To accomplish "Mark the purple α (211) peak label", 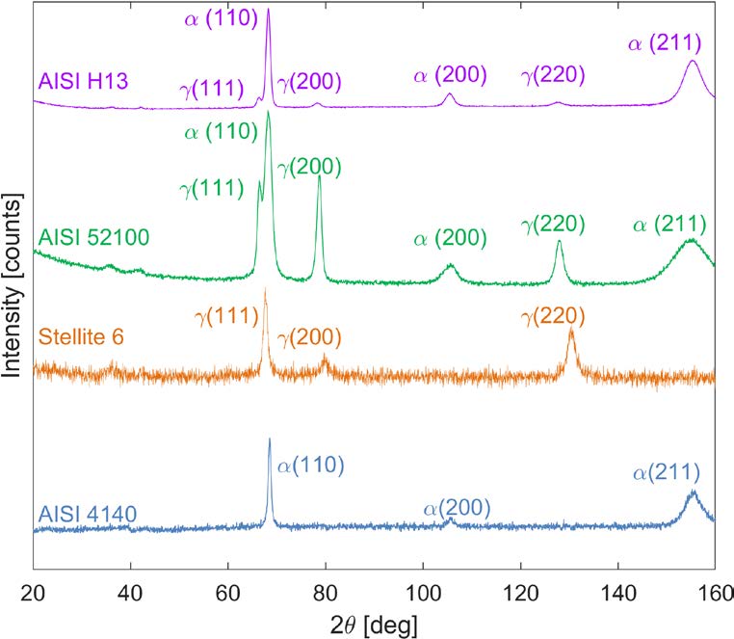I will point(664,42).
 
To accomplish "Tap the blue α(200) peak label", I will point(459,508).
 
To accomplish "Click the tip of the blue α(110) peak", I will point(270,439).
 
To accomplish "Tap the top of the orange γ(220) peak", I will point(571,330).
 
